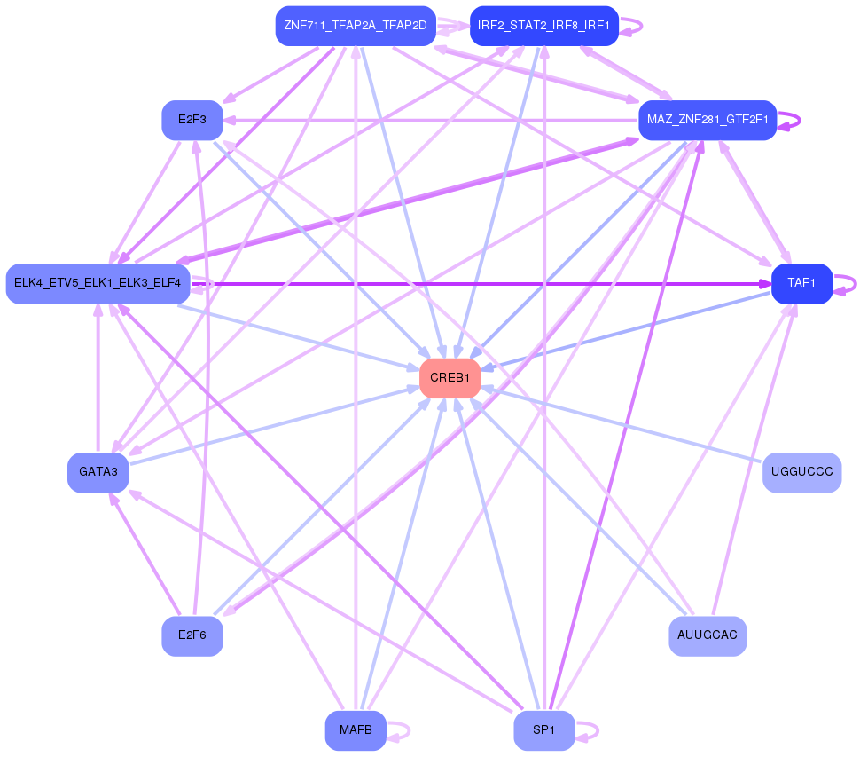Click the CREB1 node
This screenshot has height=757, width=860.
tap(450, 379)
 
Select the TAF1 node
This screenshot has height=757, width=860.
tap(801, 283)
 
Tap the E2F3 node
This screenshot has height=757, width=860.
tap(192, 120)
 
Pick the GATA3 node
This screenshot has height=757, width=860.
tap(98, 472)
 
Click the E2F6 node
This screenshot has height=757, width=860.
tap(192, 635)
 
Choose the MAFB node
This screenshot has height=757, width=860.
tap(356, 731)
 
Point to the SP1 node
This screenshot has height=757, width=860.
tap(543, 731)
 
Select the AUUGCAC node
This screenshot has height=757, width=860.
tap(707, 635)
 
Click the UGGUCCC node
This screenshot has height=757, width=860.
tap(801, 472)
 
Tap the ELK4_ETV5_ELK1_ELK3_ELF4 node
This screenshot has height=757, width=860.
tap(98, 283)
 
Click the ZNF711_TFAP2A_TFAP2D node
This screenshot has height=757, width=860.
tap(356, 25)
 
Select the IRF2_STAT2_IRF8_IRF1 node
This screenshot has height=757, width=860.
tap(543, 25)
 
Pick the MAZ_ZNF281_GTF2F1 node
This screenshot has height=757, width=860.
tap(707, 120)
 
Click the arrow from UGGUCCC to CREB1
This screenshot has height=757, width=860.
tap(621, 425)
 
